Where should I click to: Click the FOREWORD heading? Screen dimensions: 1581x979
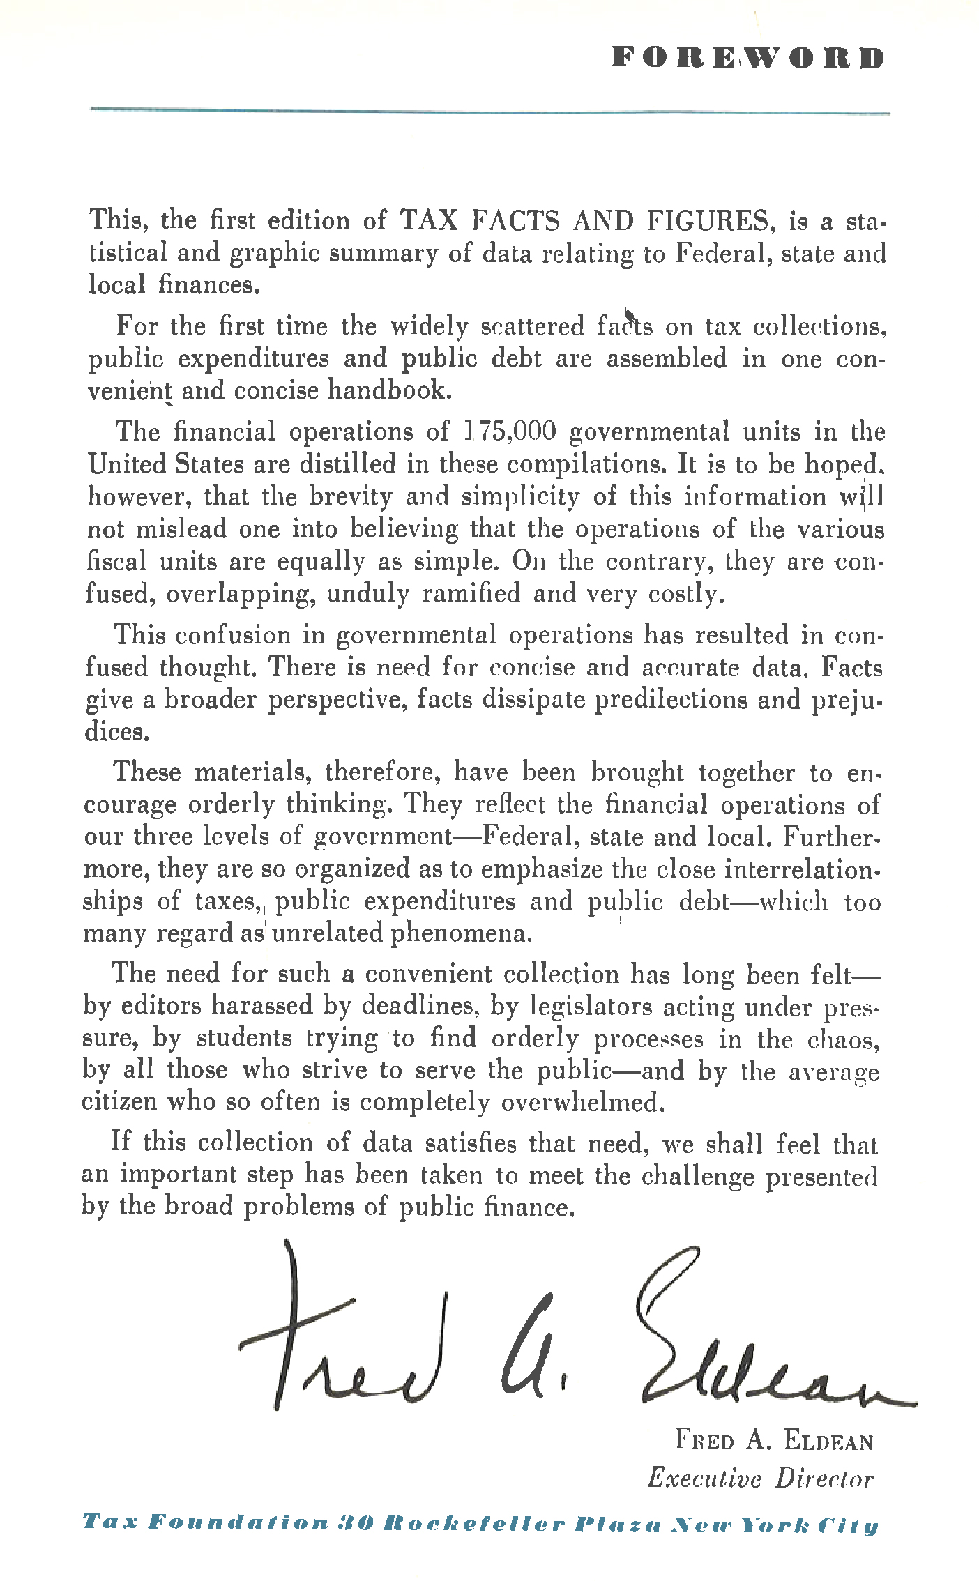(x=748, y=58)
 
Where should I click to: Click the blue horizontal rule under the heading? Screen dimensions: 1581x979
(x=489, y=111)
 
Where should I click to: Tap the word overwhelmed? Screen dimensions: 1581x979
(x=580, y=1102)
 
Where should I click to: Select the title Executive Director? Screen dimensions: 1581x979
(x=759, y=1479)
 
